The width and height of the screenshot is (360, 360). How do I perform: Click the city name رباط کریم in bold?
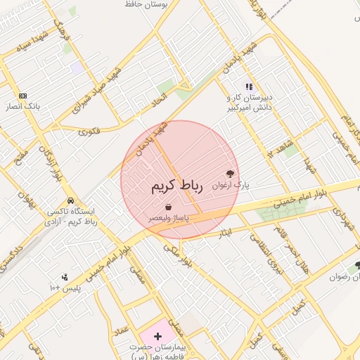[176, 186]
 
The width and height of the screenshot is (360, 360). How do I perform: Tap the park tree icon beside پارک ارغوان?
[231, 174]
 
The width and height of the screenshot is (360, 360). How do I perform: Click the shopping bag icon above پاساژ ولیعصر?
[169, 207]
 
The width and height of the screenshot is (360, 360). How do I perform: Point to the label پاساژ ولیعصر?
[169, 219]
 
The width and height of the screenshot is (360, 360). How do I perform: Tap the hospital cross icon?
[157, 336]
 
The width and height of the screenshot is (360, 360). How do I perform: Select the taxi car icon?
[69, 200]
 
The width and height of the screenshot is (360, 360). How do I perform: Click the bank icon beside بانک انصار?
[24, 96]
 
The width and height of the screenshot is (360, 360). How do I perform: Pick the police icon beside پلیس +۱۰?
[65, 277]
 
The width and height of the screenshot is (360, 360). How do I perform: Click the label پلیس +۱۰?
[65, 288]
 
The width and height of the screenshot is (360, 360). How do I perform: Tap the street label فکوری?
[89, 131]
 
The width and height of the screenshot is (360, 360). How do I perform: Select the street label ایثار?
[224, 232]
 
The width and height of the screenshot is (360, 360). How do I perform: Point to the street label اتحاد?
[162, 91]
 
